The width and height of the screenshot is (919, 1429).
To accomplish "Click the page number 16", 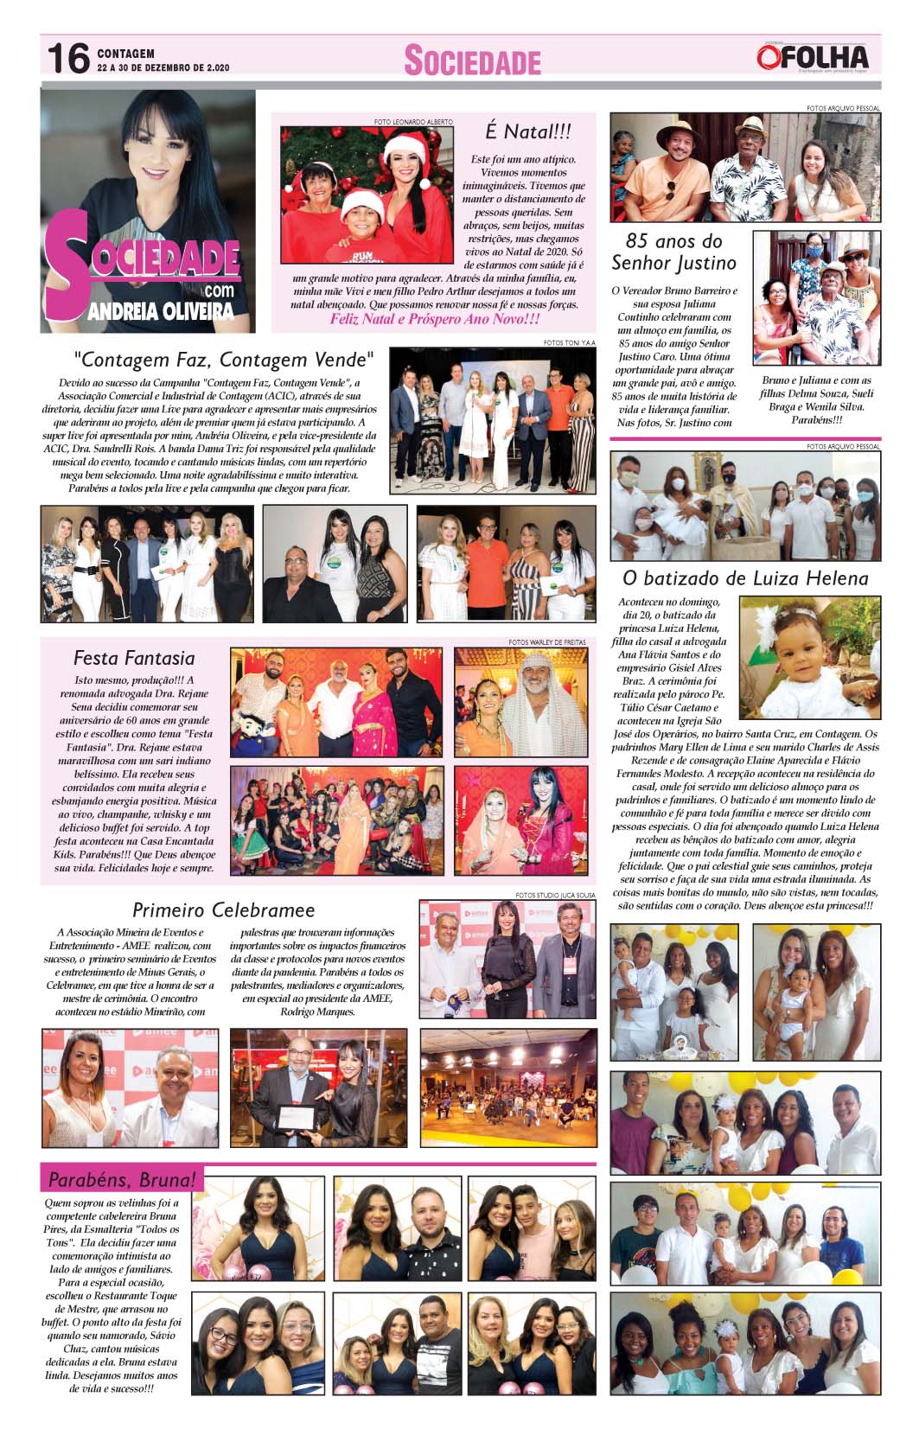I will (68, 59).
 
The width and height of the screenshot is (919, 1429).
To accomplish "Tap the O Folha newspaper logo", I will (812, 57).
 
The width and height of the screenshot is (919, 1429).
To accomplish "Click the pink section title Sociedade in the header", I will (472, 61).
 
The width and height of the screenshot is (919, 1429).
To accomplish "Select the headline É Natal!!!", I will (527, 131).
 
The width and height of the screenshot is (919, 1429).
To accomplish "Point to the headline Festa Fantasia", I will (134, 658).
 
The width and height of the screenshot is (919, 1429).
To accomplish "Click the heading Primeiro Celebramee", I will (223, 909).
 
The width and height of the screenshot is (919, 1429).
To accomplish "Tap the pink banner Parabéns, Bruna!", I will (122, 1178).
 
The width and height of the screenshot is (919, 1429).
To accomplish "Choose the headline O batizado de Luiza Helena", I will (745, 577).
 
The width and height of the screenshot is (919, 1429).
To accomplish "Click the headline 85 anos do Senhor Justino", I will (673, 252).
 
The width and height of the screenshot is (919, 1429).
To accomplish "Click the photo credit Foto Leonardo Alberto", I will (413, 122).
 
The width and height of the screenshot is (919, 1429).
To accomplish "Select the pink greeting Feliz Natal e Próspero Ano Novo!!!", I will (435, 319).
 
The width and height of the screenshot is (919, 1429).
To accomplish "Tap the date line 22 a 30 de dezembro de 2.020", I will (163, 67).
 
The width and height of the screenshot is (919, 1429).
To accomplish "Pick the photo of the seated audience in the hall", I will (507, 1086).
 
